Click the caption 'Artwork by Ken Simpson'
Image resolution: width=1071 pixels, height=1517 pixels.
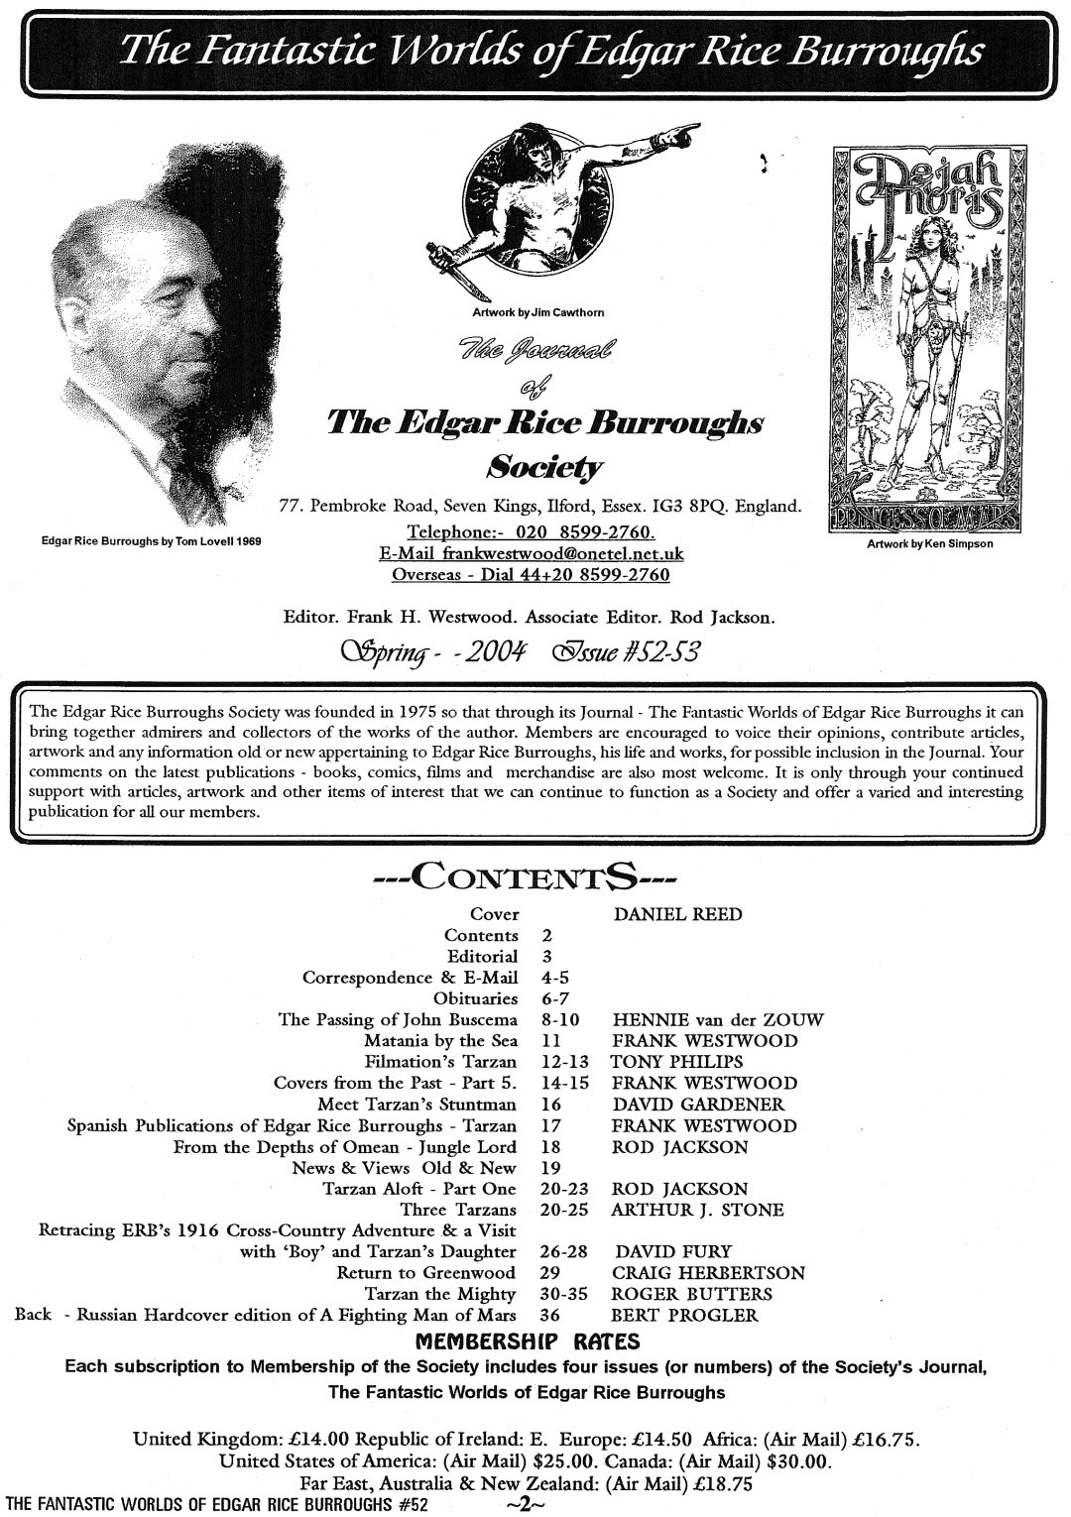tap(914, 543)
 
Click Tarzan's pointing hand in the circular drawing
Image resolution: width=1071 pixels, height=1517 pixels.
tap(683, 131)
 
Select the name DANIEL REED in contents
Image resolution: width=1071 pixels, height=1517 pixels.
tap(677, 914)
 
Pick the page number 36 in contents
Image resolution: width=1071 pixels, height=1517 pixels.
tap(551, 1316)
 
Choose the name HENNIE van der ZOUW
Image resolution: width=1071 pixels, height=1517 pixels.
tap(718, 1019)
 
